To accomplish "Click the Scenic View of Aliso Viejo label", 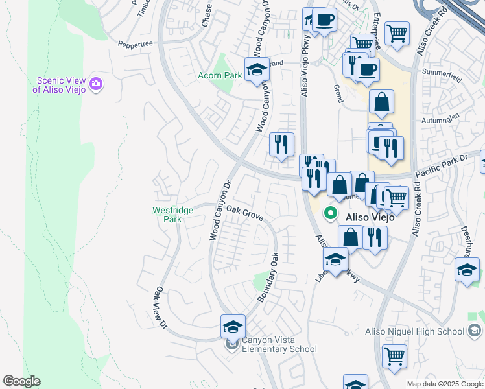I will [63, 85].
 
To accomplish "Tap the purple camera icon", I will [97, 83].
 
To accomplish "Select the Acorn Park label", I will [220, 76].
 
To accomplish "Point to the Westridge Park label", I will [167, 215].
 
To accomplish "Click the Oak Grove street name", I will [245, 213].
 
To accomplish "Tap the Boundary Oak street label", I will [268, 276].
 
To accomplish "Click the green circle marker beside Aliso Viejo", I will [331, 213].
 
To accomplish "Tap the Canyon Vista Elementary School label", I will [279, 345].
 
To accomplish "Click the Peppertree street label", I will [135, 44].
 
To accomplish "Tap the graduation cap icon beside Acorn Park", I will [257, 69].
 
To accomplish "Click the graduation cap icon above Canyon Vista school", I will [233, 326].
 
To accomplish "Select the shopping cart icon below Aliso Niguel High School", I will [394, 355].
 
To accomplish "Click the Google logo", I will [21, 381].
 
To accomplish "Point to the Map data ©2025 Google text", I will [445, 384].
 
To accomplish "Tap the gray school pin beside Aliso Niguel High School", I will [474, 331].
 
